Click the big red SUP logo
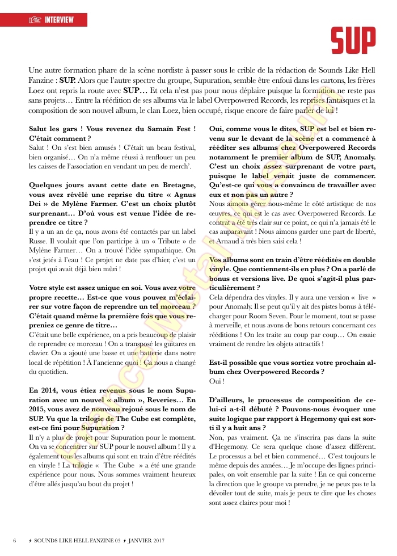(x=354, y=40)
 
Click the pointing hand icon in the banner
(x=36, y=20)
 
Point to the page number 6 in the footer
(x=15, y=540)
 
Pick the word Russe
(x=39, y=241)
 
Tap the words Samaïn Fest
(x=171, y=130)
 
